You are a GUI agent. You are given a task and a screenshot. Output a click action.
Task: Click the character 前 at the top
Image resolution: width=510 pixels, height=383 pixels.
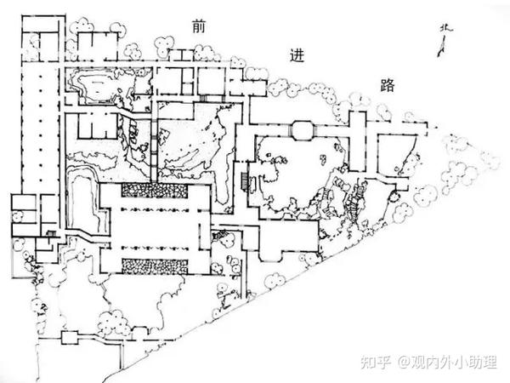coord(198,28)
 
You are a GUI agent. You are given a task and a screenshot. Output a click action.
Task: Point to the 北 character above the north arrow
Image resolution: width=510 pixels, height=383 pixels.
coord(445,29)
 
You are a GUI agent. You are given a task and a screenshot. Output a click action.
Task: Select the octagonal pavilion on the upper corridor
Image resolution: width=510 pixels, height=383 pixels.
coord(302,130)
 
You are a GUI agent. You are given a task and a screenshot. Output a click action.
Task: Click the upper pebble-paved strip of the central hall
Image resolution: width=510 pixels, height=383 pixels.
coord(155,191)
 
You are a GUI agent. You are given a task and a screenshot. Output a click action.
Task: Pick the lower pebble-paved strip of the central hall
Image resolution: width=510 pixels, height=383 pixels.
coord(155,266)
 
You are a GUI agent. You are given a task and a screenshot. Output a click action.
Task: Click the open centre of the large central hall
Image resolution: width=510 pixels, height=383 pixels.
coord(155,228)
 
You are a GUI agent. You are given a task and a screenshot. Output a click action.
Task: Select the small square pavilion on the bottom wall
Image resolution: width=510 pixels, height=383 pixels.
coord(70,337)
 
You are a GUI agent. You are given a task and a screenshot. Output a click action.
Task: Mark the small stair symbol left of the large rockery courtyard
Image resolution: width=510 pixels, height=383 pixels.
coord(246,180)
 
